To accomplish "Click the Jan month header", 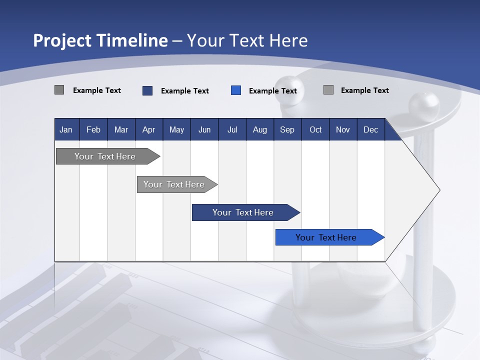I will tap(66, 129).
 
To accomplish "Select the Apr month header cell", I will tap(148, 129).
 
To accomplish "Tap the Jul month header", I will tap(232, 129).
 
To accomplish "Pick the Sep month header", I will tap(287, 129).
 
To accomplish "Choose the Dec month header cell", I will tap(370, 129).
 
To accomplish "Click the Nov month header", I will tap(342, 129).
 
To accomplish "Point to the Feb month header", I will tap(93, 129).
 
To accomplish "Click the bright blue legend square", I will tap(236, 90).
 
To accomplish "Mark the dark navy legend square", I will tap(147, 90).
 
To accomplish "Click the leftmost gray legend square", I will tap(59, 90).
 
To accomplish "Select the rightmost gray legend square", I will tap(328, 90).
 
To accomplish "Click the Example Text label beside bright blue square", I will tap(273, 91).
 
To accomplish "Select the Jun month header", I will tap(204, 129).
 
